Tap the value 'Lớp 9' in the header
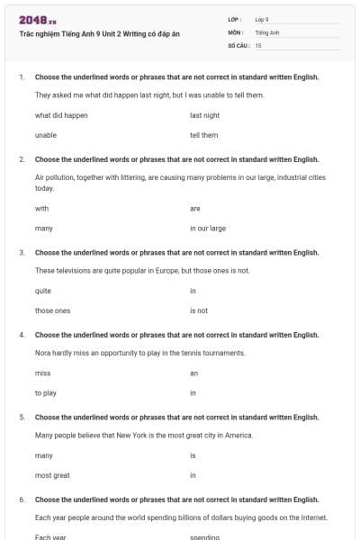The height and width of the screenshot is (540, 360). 262,19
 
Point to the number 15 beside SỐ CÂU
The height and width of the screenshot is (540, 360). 258,45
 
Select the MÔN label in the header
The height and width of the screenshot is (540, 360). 236,32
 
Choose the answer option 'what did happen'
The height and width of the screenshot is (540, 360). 61,115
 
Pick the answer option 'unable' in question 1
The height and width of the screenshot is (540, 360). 46,135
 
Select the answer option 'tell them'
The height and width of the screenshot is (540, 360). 204,135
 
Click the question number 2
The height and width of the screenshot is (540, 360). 22,158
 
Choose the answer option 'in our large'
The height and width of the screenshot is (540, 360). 208,229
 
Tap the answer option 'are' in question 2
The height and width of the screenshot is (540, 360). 195,208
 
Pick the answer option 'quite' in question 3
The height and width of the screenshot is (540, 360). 43,291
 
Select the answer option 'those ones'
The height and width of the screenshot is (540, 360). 52,310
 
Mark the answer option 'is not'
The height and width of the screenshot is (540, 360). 199,310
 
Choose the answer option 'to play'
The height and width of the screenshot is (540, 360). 46,393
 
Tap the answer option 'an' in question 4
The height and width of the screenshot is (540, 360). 193,373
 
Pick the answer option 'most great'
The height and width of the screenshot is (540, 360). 52,475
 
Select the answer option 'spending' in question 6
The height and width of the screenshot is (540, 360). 203,537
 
